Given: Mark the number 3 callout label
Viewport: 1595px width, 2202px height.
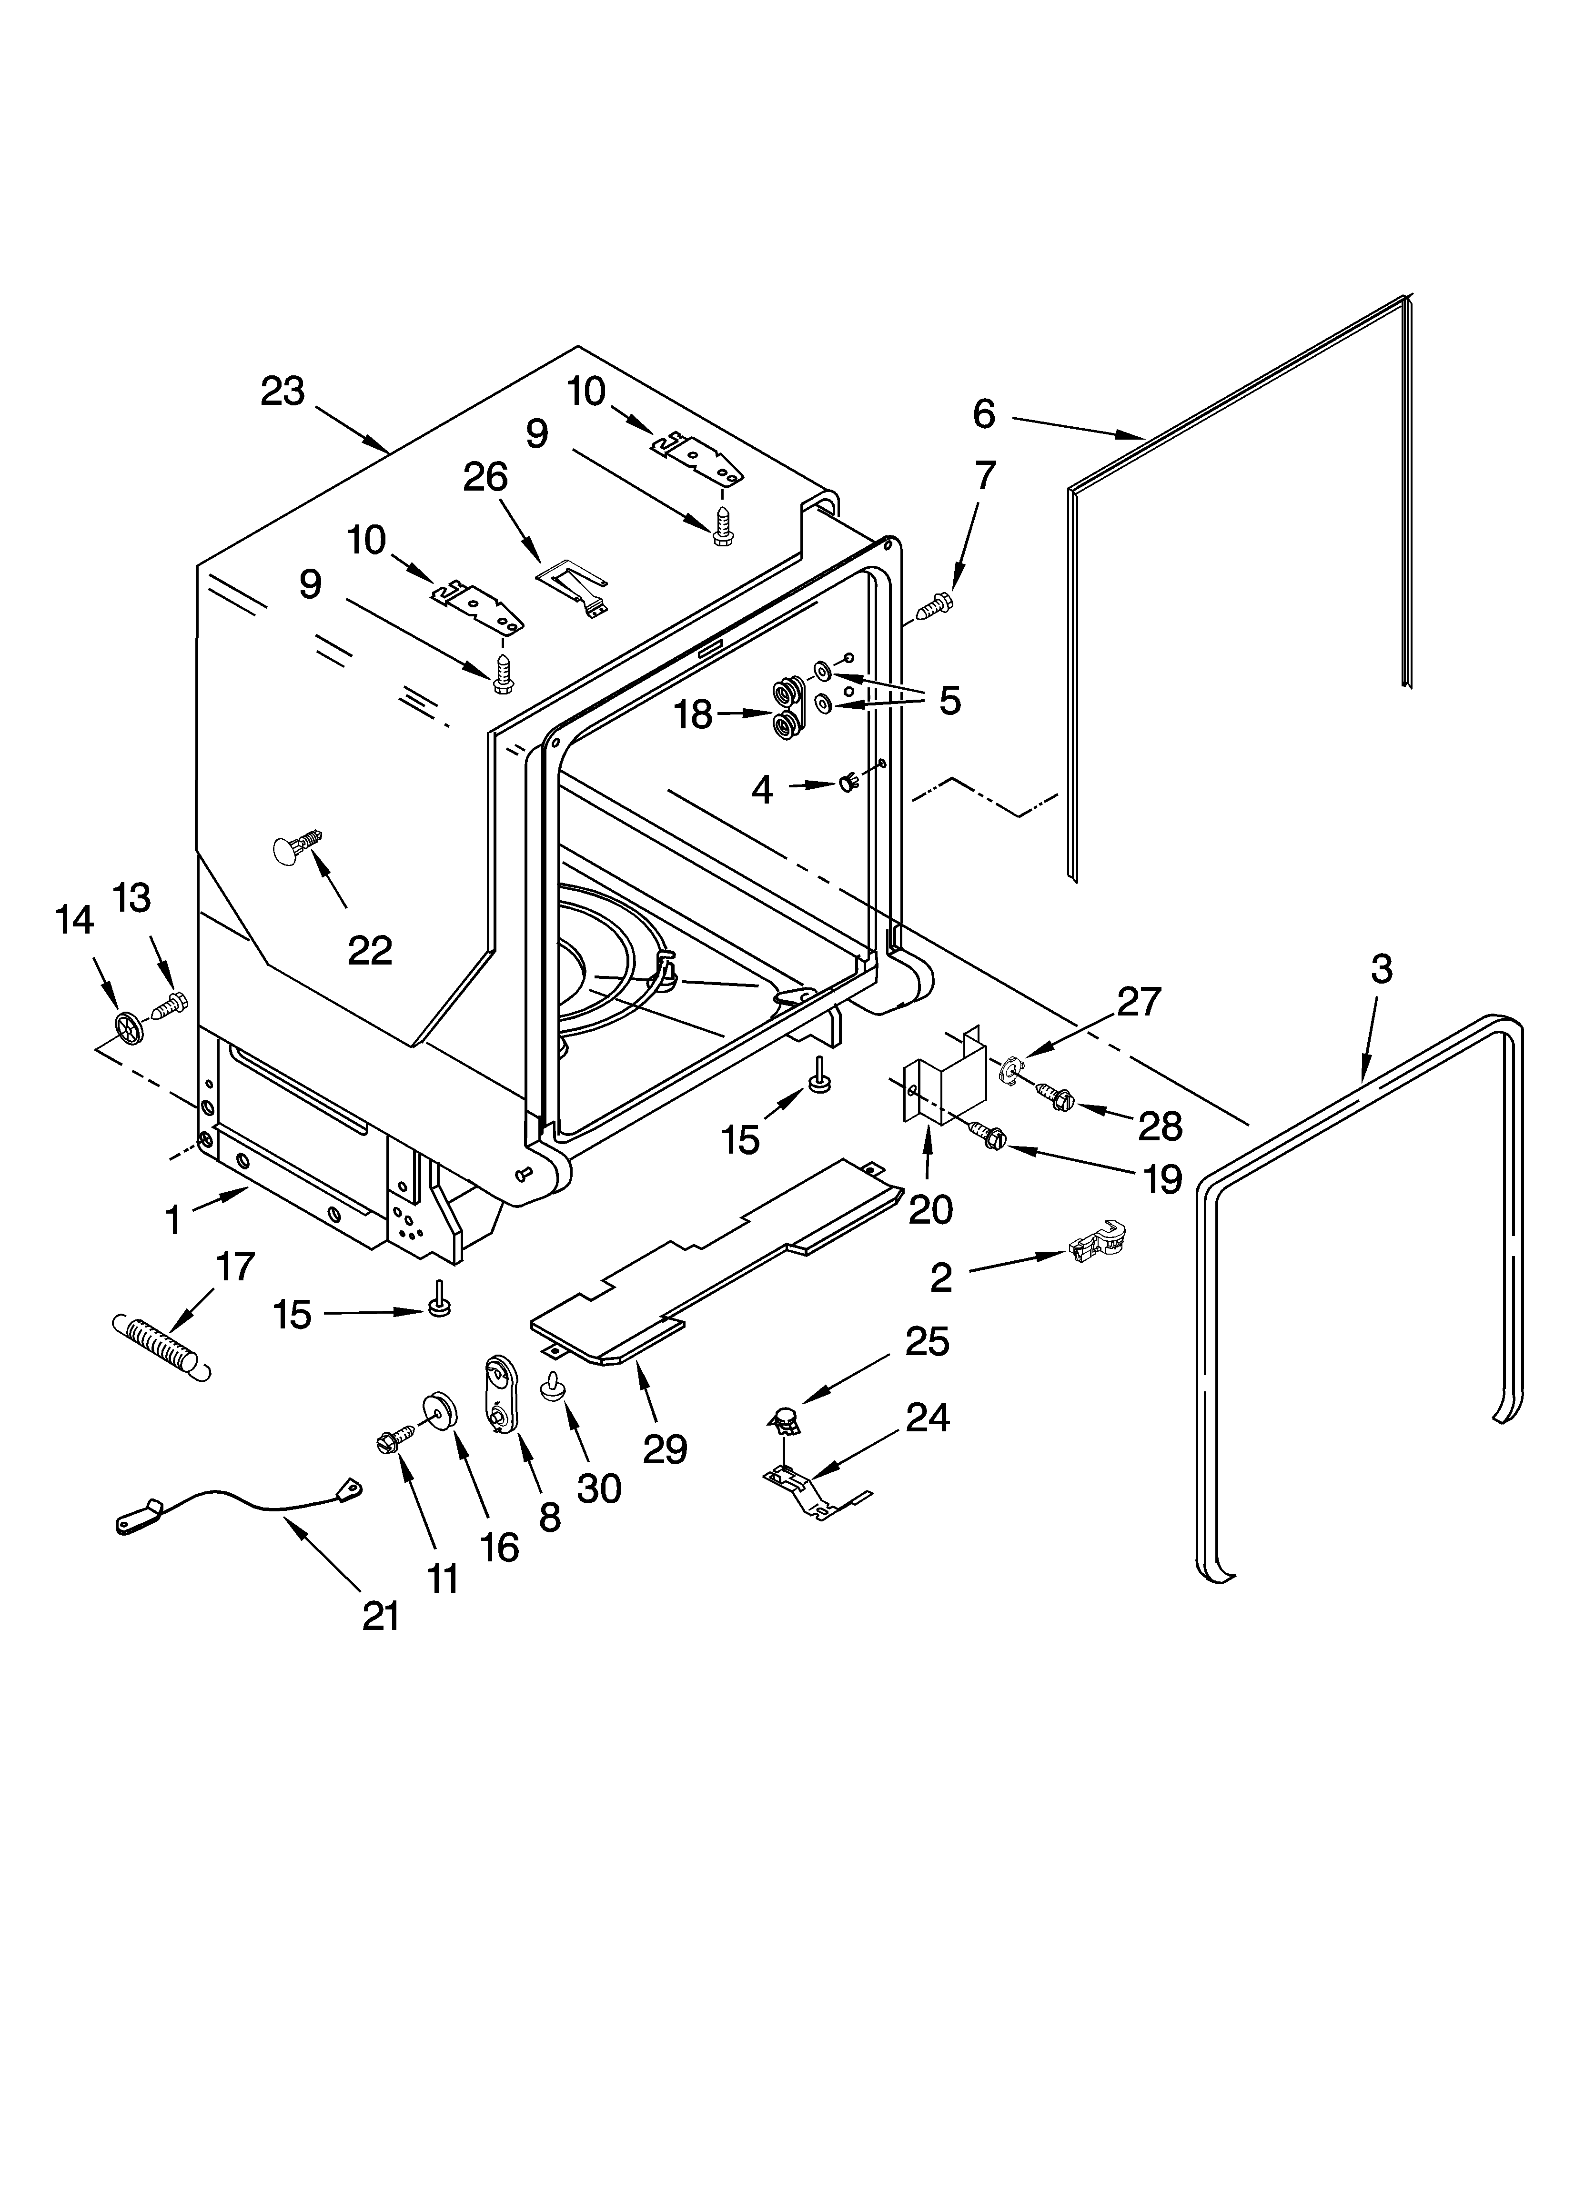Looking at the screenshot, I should pyautogui.click(x=1381, y=969).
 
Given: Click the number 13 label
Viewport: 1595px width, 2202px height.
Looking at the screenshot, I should pyautogui.click(x=132, y=898).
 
